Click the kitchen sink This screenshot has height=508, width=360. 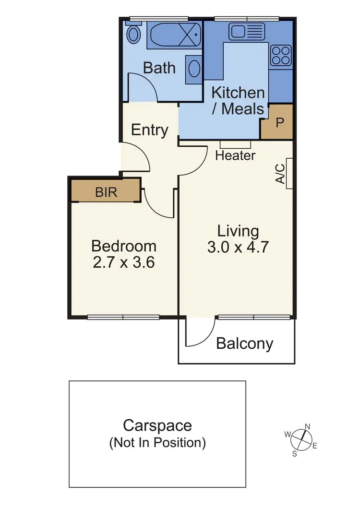tap(245, 32)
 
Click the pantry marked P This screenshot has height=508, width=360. tap(279, 122)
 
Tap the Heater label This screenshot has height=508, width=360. tap(235, 155)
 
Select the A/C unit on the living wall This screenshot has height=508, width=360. tap(289, 173)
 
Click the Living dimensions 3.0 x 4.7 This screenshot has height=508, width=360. tap(238, 248)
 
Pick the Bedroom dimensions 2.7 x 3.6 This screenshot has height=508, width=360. tap(124, 263)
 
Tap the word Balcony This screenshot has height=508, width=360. tap(244, 343)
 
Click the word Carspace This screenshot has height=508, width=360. tap(157, 425)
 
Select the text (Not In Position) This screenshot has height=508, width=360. tap(157, 442)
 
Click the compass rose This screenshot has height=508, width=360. tap(301, 439)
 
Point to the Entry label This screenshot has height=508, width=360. tap(149, 130)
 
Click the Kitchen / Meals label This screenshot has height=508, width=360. tap(238, 100)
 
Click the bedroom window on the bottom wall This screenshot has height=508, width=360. tap(123, 317)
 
